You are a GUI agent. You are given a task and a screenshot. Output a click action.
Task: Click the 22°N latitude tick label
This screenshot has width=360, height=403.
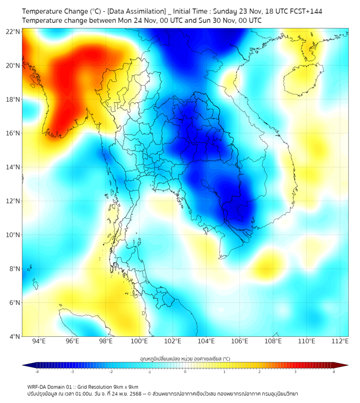(13, 31)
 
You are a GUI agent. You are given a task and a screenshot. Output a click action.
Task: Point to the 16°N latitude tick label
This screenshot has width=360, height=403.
(13, 133)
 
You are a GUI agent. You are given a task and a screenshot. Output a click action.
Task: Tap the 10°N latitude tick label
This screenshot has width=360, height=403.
(13, 235)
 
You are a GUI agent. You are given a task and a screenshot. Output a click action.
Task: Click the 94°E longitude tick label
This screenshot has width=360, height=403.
(39, 342)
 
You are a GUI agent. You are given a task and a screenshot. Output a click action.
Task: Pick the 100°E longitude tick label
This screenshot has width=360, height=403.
(139, 342)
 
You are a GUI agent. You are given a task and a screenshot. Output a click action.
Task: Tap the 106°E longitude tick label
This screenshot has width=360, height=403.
(240, 342)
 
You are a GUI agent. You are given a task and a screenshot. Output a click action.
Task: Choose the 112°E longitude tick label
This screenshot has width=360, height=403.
(340, 342)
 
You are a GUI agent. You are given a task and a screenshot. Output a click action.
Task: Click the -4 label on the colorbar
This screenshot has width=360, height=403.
(37, 372)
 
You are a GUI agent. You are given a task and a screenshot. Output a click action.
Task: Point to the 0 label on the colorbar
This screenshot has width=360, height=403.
(185, 372)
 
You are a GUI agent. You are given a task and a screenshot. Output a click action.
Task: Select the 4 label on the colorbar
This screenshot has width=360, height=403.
(334, 372)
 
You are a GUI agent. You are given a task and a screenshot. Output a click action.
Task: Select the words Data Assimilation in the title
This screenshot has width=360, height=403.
(136, 11)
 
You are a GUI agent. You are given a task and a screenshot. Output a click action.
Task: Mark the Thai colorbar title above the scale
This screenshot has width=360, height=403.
(185, 358)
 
